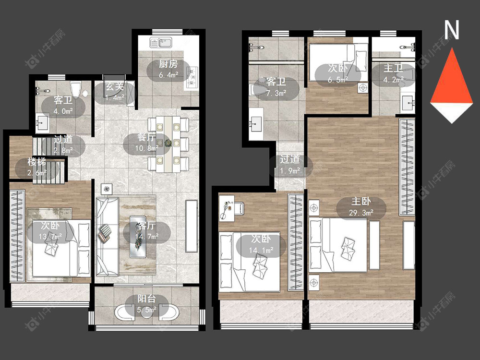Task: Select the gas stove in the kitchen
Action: click(x=192, y=78)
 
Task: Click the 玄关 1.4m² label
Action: click(x=115, y=92)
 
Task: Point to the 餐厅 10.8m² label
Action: click(x=146, y=143)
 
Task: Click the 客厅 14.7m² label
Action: click(x=146, y=231)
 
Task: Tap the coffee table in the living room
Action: click(x=138, y=237)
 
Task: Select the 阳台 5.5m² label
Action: click(x=146, y=304)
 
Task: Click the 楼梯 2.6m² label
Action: click(x=37, y=167)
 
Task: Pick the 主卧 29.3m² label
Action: click(x=361, y=206)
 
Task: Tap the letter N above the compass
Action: click(x=452, y=30)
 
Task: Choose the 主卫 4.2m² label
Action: click(x=394, y=74)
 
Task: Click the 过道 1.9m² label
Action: click(x=289, y=165)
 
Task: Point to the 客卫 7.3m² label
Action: click(x=276, y=87)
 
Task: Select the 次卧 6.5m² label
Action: click(x=337, y=74)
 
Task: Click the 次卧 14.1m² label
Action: click(x=261, y=244)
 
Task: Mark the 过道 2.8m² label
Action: click(x=63, y=144)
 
